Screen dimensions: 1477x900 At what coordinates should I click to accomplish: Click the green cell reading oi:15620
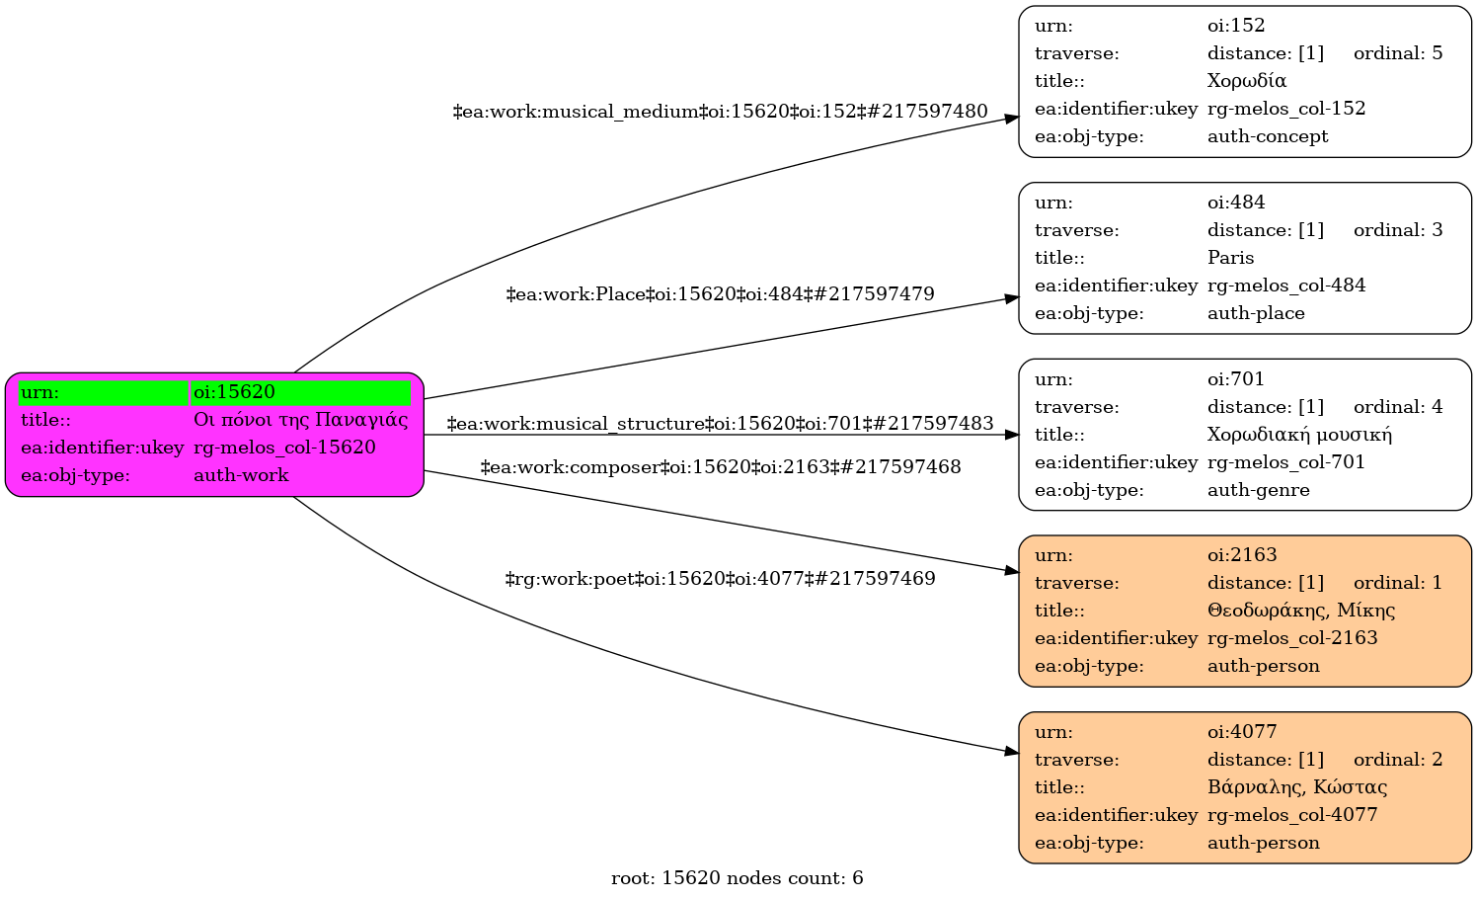tap(301, 392)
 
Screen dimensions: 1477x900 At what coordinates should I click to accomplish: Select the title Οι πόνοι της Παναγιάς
tap(301, 420)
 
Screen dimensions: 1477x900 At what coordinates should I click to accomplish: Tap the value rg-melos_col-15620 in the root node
tap(284, 448)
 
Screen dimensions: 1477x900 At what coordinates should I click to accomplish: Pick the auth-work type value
tap(241, 475)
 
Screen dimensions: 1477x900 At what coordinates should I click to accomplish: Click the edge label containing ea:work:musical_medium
tap(720, 112)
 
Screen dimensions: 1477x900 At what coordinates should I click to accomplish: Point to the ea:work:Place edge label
tap(720, 293)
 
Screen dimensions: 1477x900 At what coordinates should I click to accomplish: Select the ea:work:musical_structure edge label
tap(720, 423)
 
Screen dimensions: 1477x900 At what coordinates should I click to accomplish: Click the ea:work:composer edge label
tap(720, 467)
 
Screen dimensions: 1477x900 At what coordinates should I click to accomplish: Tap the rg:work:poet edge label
tap(720, 579)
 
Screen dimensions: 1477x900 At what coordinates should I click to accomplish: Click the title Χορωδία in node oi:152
tap(1246, 81)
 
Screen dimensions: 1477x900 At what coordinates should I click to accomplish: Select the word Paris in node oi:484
tap(1230, 257)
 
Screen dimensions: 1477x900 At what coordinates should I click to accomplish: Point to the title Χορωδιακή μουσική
tap(1299, 435)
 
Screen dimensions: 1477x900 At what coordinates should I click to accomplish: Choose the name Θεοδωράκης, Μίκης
tap(1301, 611)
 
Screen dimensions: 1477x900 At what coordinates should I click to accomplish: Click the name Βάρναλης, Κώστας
tap(1297, 787)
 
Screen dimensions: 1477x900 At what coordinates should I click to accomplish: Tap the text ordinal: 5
tap(1398, 53)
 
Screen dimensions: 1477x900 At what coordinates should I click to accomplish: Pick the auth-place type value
tap(1256, 313)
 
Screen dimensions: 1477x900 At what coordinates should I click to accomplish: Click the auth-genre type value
tap(1258, 490)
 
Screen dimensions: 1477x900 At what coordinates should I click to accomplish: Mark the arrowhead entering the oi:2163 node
tap(1012, 571)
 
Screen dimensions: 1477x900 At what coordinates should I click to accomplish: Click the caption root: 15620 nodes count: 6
tap(738, 878)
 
